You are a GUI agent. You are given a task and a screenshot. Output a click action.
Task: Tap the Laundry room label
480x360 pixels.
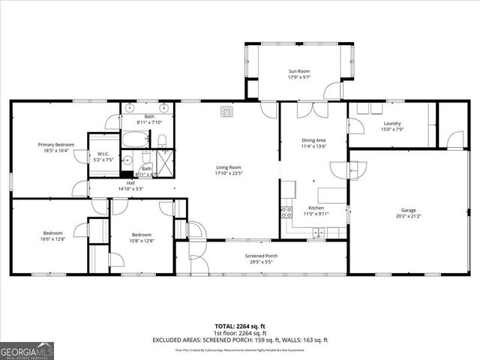pos(391,124)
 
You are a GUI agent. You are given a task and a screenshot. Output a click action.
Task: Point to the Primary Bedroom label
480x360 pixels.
pos(56,144)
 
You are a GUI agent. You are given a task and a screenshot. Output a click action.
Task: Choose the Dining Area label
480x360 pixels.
pos(313,140)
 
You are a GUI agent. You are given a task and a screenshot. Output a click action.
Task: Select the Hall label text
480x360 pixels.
pos(130,183)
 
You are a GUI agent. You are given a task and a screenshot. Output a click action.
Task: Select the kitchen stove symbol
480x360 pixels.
pos(286,211)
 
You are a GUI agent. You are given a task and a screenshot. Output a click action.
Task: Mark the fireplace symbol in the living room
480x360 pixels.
pos(226,112)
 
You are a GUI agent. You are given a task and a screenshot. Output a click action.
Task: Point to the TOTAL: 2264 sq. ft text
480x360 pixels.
pos(239,326)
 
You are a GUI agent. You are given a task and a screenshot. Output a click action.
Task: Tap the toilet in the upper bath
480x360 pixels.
pos(162,139)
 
